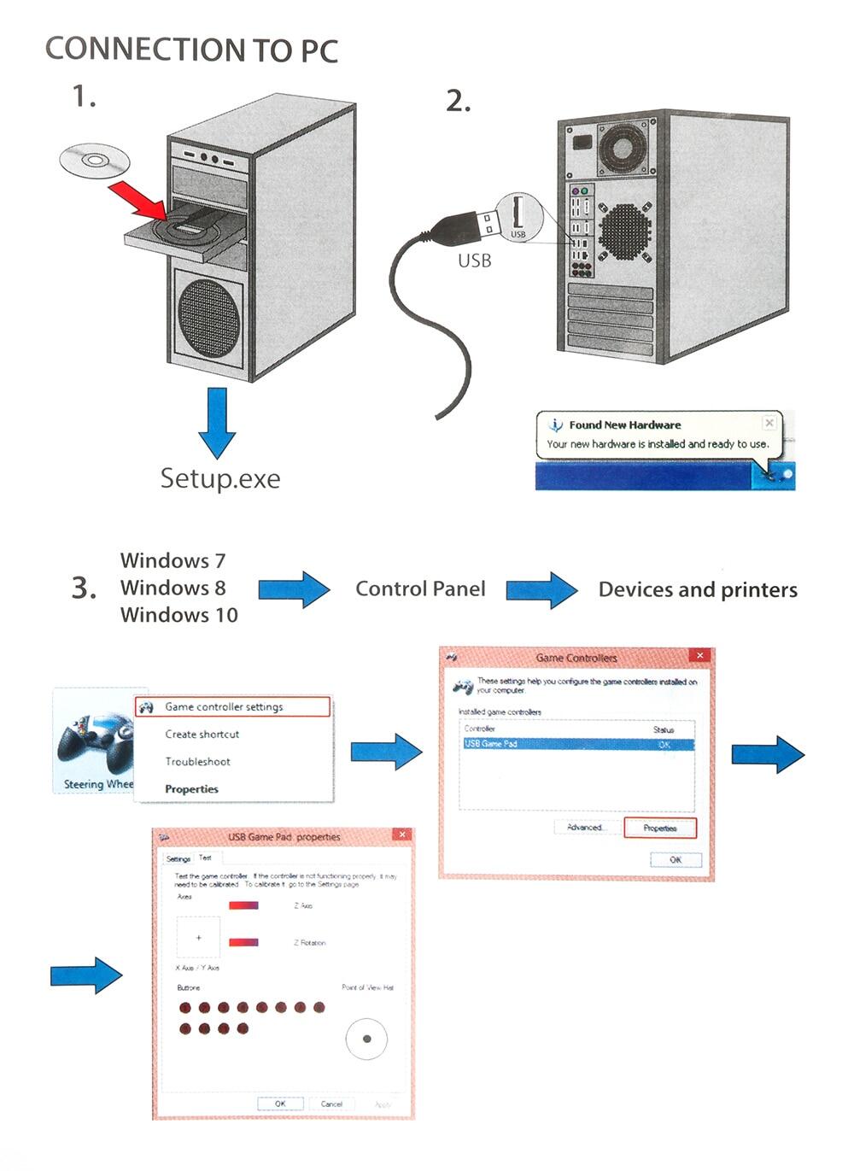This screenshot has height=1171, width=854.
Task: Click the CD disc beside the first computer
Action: (x=95, y=160)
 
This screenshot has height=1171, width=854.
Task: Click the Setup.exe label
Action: (x=220, y=478)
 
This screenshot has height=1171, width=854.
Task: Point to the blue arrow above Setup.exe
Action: (x=217, y=423)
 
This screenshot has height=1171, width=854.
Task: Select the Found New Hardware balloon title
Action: (x=624, y=424)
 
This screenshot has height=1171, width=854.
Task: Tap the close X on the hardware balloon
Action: (x=769, y=423)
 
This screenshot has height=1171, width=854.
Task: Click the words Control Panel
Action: (x=420, y=588)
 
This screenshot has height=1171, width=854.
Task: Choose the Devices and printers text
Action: (x=698, y=589)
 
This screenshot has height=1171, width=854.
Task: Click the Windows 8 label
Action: (x=173, y=588)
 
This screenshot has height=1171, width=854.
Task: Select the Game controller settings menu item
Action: (x=224, y=707)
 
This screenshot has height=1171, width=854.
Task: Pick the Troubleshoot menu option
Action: (x=197, y=762)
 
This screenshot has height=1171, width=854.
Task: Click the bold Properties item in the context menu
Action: (x=191, y=789)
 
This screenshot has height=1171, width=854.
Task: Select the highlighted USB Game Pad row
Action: (x=576, y=744)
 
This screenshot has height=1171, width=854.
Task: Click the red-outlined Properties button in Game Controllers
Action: (x=660, y=828)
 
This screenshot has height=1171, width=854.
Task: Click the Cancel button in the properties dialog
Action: (x=331, y=1104)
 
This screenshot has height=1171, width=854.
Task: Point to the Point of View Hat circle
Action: (x=366, y=1039)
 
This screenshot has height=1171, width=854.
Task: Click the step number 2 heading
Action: (x=459, y=102)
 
